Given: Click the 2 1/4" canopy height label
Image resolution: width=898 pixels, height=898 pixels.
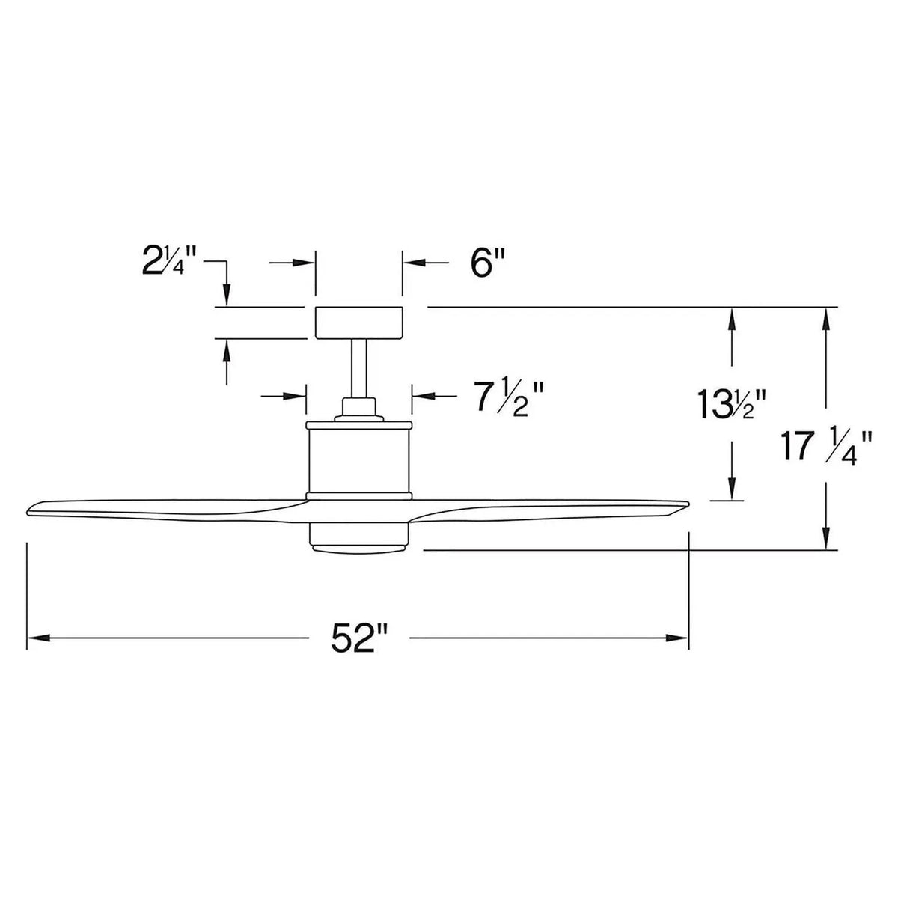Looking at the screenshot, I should pos(170,266).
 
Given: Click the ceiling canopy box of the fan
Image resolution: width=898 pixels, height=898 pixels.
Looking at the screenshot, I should pos(359,323).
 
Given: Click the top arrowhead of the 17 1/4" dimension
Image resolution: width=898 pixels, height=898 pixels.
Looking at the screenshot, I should pos(826,316).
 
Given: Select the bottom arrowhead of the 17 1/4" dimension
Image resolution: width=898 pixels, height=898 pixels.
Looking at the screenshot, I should pos(826,541).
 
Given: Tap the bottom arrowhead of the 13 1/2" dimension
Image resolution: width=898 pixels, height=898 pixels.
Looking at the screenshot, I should pos(732,491).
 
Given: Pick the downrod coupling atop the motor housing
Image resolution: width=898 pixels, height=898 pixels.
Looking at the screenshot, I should pos(359,409).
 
